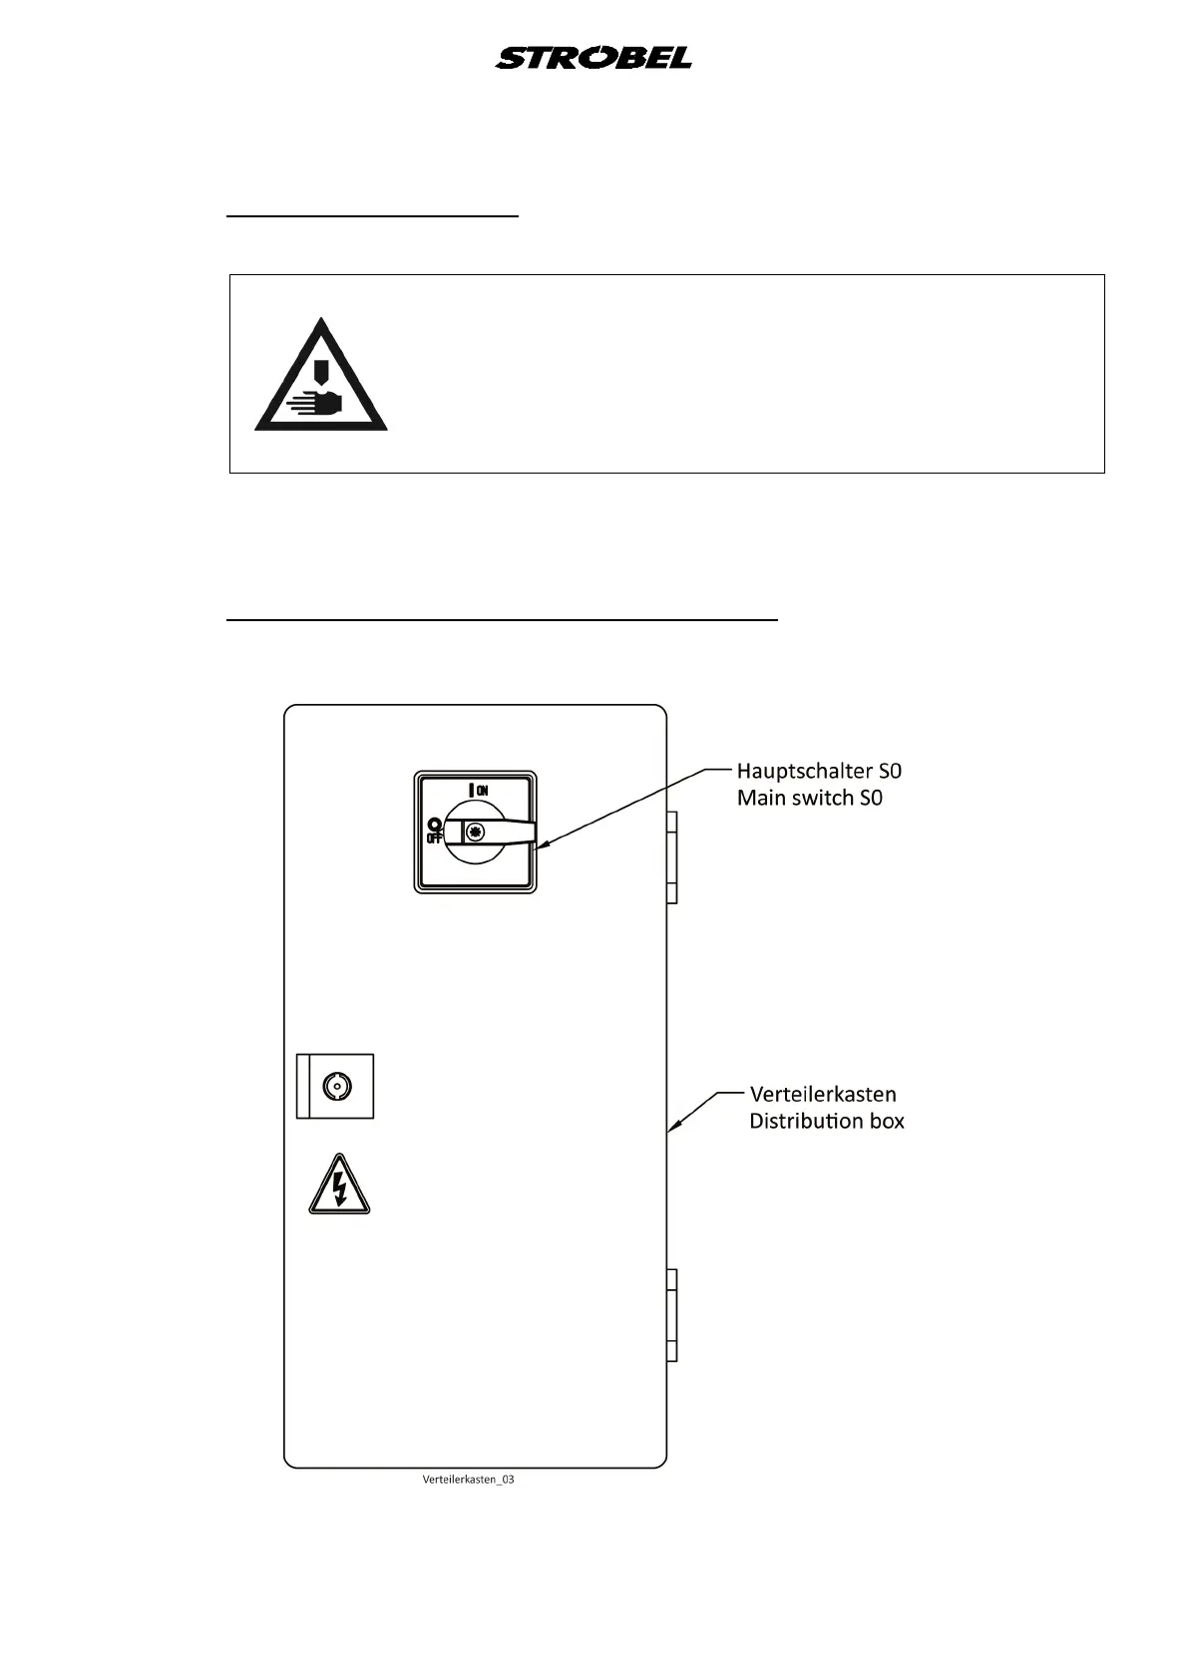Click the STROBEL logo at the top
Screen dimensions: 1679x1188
(594, 58)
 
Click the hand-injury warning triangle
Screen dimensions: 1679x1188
(321, 378)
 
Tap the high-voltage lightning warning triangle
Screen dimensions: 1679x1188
(339, 1186)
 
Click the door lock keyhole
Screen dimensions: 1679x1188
(337, 1086)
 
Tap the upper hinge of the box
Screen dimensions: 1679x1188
(671, 856)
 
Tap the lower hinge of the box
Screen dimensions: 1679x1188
(671, 1315)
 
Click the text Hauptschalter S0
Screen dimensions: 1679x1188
(819, 771)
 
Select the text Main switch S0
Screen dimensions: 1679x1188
(809, 798)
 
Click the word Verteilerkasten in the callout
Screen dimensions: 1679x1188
(822, 1094)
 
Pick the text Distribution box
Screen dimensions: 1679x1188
(826, 1121)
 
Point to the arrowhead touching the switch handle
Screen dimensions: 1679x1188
(540, 846)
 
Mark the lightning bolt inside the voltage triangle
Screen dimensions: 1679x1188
(340, 1188)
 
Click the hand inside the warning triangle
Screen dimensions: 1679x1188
(317, 403)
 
